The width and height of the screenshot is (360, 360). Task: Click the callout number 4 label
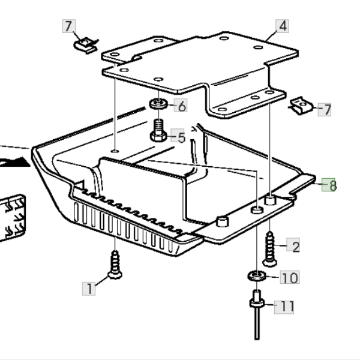pos(281,26)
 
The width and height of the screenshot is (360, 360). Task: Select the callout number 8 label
pos(329,185)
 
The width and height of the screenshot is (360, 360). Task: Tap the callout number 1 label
pos(89,289)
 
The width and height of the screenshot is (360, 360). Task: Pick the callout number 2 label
pos(295,245)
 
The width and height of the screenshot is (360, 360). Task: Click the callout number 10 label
pos(289,278)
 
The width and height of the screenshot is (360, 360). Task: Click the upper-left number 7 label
pos(68,26)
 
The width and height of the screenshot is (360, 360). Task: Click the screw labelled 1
pos(113,265)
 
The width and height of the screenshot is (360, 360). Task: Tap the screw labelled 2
pos(269,246)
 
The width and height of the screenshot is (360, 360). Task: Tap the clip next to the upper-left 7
pos(85,44)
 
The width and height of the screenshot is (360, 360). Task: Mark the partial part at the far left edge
pos(12,216)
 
